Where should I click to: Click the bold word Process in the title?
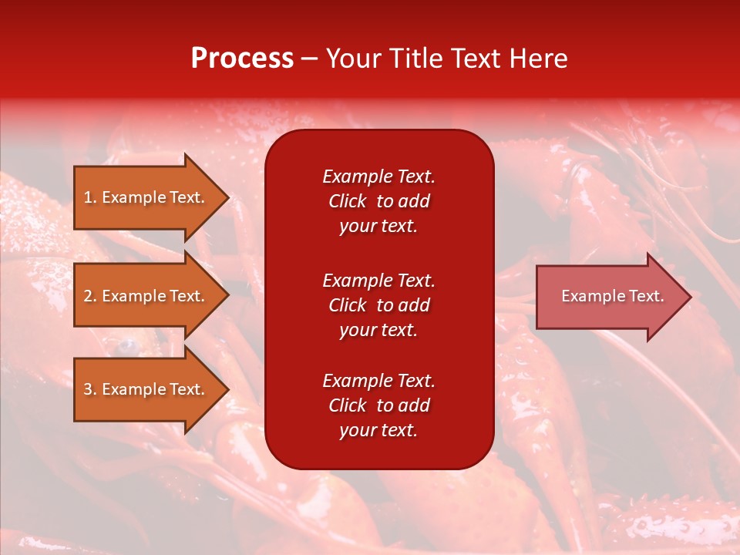[x=242, y=59]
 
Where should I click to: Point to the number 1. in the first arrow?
[x=90, y=197]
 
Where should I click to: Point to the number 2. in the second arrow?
[x=90, y=296]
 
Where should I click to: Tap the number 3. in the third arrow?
[x=90, y=389]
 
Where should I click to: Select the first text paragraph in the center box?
[x=378, y=201]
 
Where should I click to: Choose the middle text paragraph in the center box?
[x=378, y=305]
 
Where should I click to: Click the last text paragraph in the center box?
[x=378, y=405]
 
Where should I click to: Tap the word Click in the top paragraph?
[x=347, y=201]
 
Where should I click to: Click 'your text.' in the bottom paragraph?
[x=378, y=431]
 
